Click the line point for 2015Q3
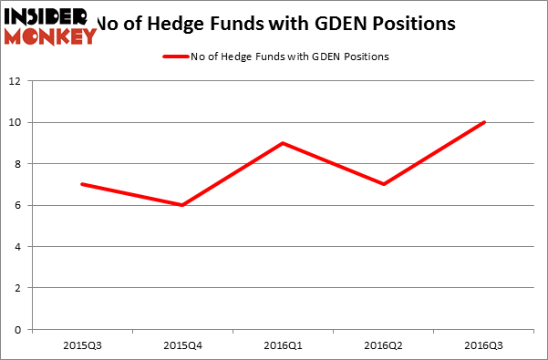tap(82, 184)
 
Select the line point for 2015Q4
tap(183, 205)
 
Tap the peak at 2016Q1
tap(284, 143)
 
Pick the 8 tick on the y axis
tap(18, 164)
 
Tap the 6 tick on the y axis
tap(18, 205)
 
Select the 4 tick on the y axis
tap(18, 247)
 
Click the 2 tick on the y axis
tap(18, 288)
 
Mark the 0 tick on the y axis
tap(18, 330)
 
